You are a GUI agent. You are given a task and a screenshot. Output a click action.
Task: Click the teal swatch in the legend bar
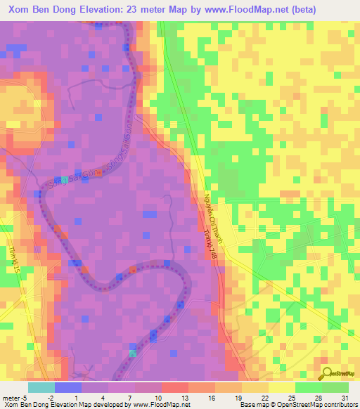point(41,387)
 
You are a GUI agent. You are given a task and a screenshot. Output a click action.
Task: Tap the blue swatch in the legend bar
point(67,387)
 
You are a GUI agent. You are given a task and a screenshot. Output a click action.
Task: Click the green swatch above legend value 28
point(308,387)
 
